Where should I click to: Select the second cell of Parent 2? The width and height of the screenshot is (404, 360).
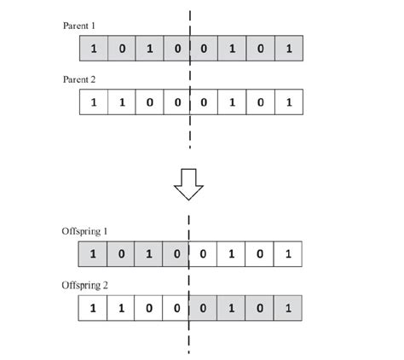coord(121,103)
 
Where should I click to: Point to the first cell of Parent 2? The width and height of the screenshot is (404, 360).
coord(93,103)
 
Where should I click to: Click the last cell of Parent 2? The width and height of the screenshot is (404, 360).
coord(289,103)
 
